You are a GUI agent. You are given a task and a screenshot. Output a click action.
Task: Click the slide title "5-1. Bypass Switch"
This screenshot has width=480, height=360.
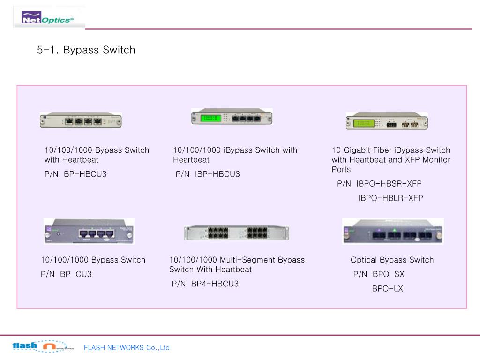point(86,50)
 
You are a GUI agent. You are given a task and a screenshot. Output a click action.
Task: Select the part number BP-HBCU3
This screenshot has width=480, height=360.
point(85,174)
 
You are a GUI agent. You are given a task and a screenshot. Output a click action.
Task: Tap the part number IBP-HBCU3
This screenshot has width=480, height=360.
point(217,174)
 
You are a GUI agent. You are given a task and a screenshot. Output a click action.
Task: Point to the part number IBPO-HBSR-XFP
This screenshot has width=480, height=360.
point(389,184)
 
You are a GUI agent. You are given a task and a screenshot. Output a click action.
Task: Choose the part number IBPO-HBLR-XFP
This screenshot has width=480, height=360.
point(390,198)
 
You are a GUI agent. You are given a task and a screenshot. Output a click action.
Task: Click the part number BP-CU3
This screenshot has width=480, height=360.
point(75,274)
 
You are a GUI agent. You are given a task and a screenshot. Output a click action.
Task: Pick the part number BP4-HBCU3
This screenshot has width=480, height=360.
point(215,284)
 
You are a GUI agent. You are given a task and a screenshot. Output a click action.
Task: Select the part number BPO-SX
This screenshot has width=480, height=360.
point(388,274)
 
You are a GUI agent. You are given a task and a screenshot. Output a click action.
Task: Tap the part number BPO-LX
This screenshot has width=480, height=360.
point(387,289)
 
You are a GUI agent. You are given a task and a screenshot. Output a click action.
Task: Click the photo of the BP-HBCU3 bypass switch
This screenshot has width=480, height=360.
point(81,120)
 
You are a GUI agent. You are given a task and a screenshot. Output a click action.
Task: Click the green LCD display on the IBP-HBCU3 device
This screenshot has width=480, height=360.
point(210,118)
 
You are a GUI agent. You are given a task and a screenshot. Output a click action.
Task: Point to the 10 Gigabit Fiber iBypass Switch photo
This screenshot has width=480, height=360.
point(387,121)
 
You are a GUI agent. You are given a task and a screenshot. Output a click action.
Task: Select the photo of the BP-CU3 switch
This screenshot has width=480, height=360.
point(89,231)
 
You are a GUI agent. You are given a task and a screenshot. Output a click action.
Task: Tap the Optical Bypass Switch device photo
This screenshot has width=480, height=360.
point(393,231)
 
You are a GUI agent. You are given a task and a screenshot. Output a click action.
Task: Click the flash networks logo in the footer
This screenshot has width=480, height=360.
point(43,346)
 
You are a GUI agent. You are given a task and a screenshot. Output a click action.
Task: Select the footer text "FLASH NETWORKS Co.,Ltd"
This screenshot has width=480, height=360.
point(127,348)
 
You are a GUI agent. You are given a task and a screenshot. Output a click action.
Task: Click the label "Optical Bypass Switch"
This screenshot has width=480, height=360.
point(392,260)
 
